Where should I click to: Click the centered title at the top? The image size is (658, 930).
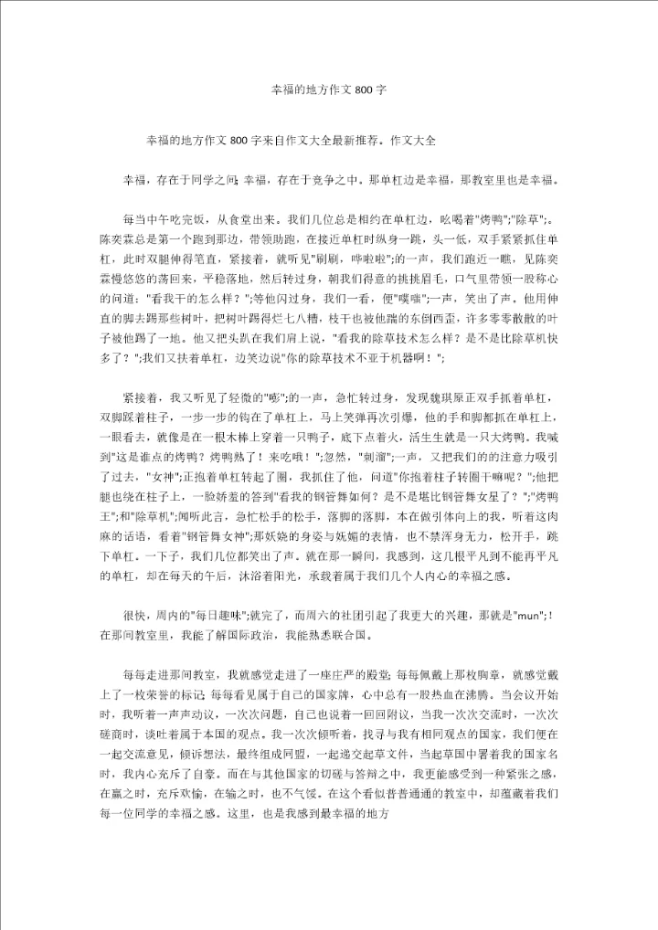coord(330,91)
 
